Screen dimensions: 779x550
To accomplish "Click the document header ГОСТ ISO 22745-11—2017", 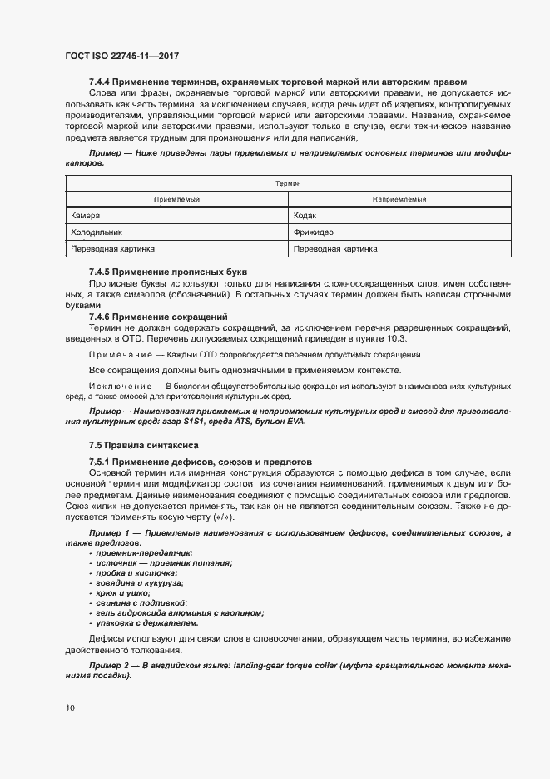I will pos(122,57).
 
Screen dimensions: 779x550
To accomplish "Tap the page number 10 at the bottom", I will pos(71,708).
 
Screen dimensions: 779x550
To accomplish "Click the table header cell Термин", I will pos(287,182).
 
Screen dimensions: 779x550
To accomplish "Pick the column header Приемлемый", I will pos(176,199).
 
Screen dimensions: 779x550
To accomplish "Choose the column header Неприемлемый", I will pos(399,199).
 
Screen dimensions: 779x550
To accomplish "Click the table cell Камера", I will pos(86,216).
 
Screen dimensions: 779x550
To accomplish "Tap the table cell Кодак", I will pos(306,216).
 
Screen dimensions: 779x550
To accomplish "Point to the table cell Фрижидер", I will pos(314,232).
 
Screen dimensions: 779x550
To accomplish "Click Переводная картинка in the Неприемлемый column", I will pos(336,249).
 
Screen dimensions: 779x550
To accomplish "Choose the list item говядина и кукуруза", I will pos(139,583).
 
